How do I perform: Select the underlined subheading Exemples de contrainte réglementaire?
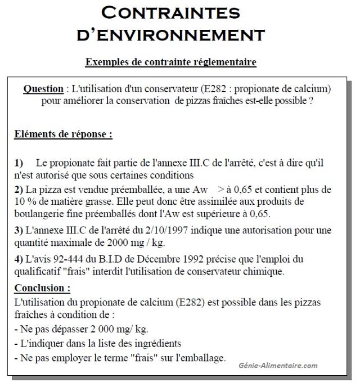pos(170,62)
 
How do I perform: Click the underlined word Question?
pos(43,89)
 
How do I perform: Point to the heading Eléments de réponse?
pos(63,134)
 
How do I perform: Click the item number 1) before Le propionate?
pos(19,163)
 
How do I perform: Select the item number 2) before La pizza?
pos(19,190)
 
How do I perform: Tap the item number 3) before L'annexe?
pos(19,231)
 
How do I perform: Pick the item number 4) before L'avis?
pos(19,259)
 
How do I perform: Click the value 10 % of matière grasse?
pos(24,201)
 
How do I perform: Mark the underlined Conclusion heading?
pos(42,288)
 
